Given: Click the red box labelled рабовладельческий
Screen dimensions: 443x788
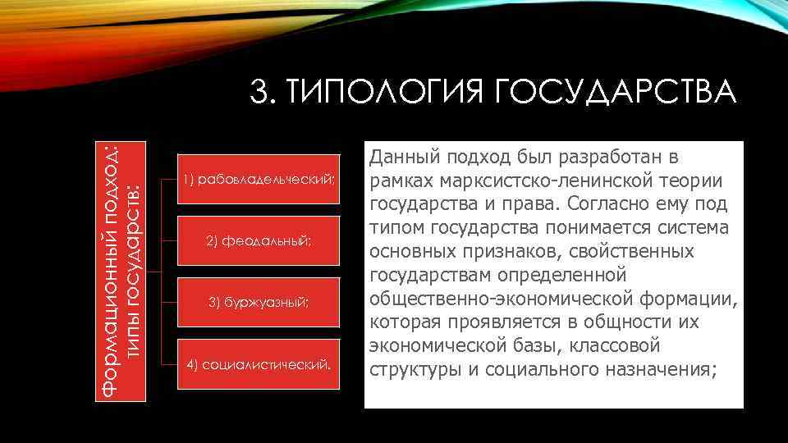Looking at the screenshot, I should [x=259, y=179].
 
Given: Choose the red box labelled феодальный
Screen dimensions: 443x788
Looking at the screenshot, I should [x=259, y=240].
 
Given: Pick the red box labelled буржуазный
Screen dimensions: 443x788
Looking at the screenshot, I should [x=259, y=303].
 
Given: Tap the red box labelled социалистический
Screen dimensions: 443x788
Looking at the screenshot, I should [x=259, y=364].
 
